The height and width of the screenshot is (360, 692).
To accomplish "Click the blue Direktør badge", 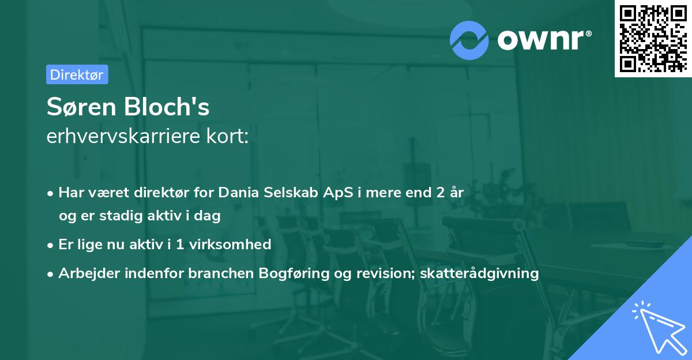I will click(x=77, y=74).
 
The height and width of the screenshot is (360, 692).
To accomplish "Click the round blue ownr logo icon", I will click(x=469, y=40).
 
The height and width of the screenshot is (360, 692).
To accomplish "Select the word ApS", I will click(x=366, y=193).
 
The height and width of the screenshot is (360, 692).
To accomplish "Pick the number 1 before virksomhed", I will click(x=179, y=244).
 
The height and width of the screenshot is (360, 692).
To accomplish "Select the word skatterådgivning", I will click(x=480, y=273).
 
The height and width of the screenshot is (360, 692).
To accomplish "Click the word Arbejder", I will click(x=86, y=273).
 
